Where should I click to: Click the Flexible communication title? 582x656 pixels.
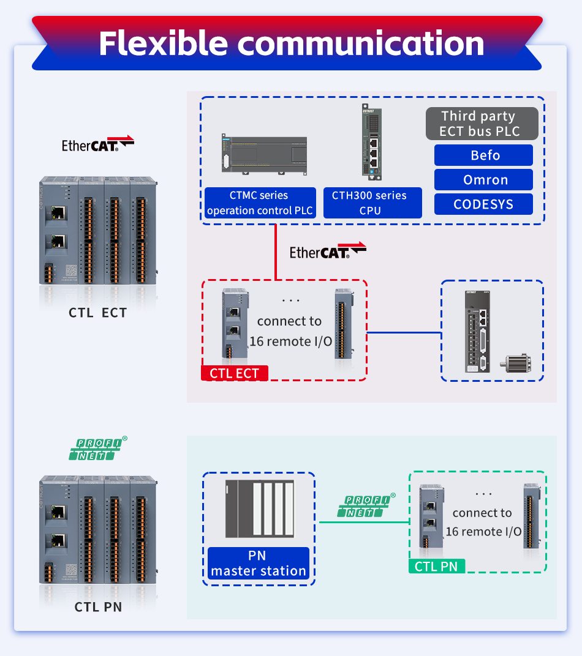point(291,43)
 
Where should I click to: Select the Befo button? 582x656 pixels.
point(483,155)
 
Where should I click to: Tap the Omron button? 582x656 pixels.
point(483,180)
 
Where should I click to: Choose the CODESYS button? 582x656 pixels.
point(483,204)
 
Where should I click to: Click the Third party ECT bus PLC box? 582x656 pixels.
point(482,124)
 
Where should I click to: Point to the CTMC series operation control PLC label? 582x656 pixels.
point(260,203)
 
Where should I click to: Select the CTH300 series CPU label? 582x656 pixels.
point(372,203)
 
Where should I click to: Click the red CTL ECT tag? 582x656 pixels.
point(234,373)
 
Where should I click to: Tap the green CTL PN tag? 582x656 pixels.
point(436,566)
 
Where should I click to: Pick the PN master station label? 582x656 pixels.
point(258,564)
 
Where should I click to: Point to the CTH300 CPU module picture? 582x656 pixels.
point(372,143)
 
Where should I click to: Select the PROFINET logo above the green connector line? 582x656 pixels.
point(366,506)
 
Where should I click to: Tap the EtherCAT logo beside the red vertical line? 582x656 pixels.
point(328,251)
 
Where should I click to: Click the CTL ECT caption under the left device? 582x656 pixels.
point(98,313)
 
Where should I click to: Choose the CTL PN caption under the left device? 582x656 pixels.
point(98,607)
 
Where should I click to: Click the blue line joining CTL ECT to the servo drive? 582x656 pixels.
point(404,334)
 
